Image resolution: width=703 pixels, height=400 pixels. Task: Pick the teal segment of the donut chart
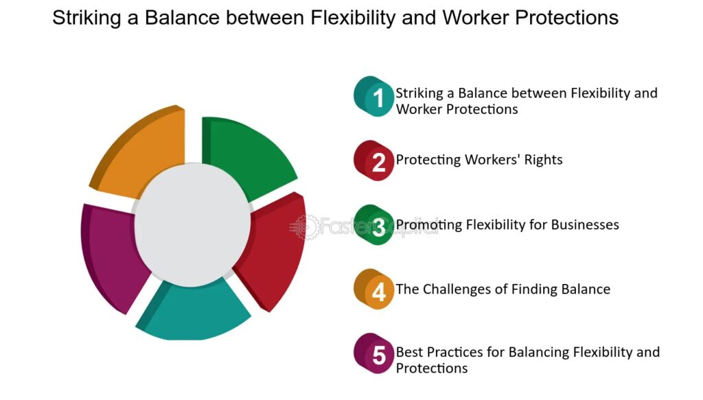(x=193, y=314)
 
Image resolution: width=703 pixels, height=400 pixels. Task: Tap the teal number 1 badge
(x=373, y=96)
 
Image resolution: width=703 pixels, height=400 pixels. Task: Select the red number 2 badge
(x=373, y=161)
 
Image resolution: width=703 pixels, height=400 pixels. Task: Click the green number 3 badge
(x=373, y=225)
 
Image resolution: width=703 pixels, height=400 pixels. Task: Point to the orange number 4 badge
(x=373, y=290)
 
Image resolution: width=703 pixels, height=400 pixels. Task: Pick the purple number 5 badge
(x=373, y=354)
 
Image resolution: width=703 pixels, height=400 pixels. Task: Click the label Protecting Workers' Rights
(x=479, y=160)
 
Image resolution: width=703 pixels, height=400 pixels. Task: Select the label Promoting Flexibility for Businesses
(x=507, y=224)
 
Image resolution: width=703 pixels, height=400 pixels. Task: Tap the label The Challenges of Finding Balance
(x=503, y=290)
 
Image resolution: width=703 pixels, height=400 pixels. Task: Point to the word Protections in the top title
(x=566, y=18)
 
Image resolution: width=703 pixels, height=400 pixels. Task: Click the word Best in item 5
(x=409, y=352)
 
